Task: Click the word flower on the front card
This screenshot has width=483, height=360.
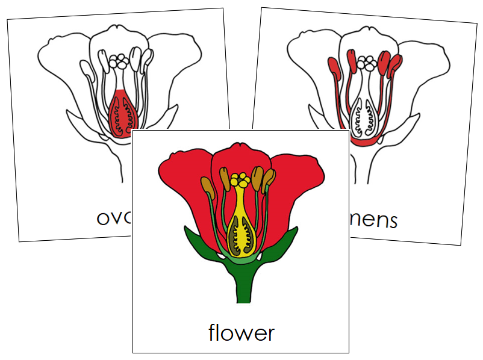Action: click(x=241, y=332)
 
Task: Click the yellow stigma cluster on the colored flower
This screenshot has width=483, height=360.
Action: click(x=242, y=179)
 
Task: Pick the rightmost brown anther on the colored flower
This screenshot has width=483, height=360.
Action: click(x=269, y=177)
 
